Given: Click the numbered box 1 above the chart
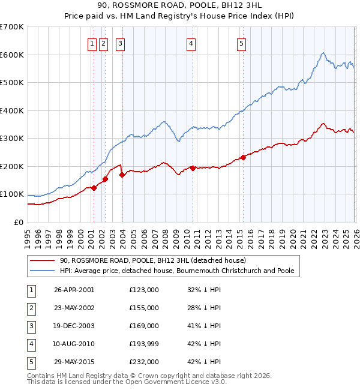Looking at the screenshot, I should tap(92, 43).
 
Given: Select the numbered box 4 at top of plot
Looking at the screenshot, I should tap(191, 43).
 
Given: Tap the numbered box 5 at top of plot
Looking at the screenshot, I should tap(241, 43).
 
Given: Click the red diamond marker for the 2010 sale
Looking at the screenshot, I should tap(193, 168).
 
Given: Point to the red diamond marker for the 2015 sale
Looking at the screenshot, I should tap(243, 157).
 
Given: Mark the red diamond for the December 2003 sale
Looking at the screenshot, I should tap(122, 175).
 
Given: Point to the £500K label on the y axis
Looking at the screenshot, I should tap(12, 83).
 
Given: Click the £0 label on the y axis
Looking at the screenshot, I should tap(18, 223).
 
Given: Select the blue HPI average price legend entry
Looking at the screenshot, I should tap(176, 271).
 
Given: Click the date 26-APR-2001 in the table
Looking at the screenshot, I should tap(74, 290).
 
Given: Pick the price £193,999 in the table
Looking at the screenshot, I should tap(143, 344).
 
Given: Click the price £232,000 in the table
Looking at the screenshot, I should tap(143, 362).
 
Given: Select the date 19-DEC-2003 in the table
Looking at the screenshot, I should tap(74, 326).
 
